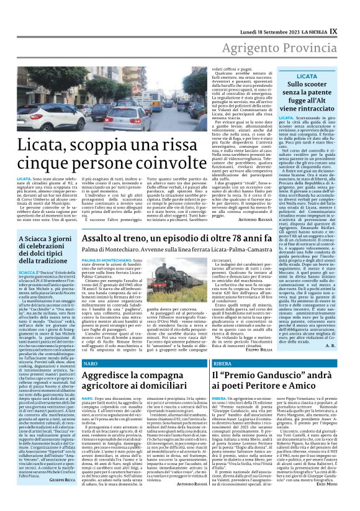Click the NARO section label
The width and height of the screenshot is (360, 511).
pyautogui.click(x=91, y=361)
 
